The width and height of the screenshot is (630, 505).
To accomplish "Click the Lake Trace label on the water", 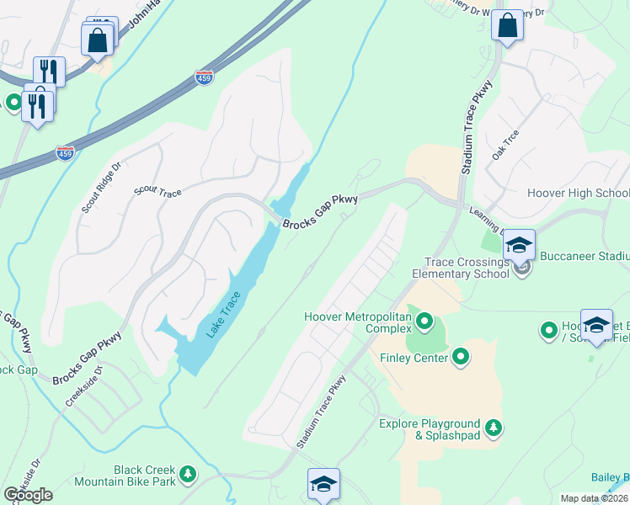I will (x=225, y=315).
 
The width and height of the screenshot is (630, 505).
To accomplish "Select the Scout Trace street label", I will (x=157, y=193).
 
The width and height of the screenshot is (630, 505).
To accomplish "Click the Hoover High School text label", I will (x=578, y=193).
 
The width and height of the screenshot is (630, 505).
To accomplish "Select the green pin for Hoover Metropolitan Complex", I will (x=424, y=321).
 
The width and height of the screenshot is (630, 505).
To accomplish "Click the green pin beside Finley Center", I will (x=460, y=358).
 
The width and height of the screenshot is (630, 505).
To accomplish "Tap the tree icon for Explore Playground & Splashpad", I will (x=494, y=428).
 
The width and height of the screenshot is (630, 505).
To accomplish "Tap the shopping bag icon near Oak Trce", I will (x=508, y=24).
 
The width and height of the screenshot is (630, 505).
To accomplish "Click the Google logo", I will (x=29, y=494).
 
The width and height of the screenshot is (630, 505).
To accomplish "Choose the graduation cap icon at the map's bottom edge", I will (x=323, y=484).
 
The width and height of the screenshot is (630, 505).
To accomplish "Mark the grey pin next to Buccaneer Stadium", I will (x=521, y=268).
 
